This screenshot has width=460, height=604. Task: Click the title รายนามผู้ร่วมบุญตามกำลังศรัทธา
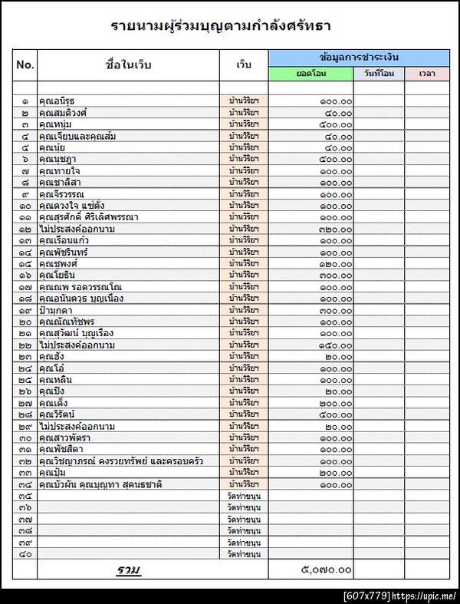coord(220,26)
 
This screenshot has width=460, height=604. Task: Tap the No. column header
coord(25,65)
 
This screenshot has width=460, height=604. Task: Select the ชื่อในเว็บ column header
coord(128,65)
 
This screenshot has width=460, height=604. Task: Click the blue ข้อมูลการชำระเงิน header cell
coord(359,58)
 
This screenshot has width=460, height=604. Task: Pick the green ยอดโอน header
coord(310,74)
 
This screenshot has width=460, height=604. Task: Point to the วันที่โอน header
coord(379,74)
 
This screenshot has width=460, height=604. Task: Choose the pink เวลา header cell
coord(427,74)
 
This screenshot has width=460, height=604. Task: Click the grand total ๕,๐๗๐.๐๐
coord(327,569)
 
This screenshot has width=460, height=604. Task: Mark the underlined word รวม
coord(128,569)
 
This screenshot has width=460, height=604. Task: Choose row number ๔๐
coord(25,554)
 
